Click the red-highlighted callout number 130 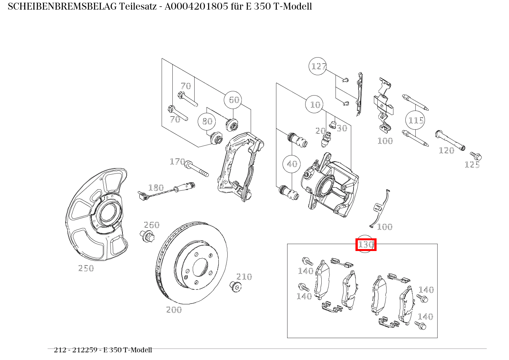pos(366,244)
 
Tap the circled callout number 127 pos(318,66)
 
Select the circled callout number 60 pos(234,100)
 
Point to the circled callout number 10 pos(315,104)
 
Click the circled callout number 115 pos(416,121)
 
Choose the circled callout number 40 pos(292,164)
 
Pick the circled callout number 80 pos(207,121)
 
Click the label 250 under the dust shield pos(86,268)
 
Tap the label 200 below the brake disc pos(174,310)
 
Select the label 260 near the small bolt pos(152,225)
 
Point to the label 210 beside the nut pos(244,277)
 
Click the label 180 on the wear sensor pos(156,188)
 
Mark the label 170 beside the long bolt pos(177,162)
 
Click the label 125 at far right pos(472,165)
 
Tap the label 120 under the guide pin pos(446,150)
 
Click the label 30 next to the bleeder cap pos(342,128)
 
